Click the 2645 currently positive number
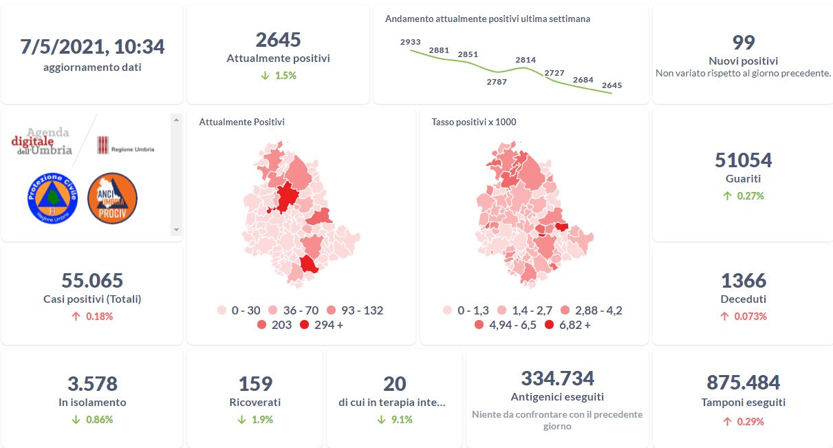278,40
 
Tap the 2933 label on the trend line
410,42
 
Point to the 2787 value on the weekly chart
496,82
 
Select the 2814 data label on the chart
526,60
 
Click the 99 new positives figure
743,43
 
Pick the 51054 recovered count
743,160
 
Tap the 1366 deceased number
743,281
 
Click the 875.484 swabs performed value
743,383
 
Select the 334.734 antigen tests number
557,378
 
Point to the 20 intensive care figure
394,383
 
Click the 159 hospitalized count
255,383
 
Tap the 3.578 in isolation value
92,383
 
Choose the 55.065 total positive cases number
92,281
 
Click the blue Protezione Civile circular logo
52,198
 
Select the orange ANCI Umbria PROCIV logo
113,198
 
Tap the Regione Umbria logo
125,145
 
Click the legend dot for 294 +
305,325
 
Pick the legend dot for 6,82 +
549,325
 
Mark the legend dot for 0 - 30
221,310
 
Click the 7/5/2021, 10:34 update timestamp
92,47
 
